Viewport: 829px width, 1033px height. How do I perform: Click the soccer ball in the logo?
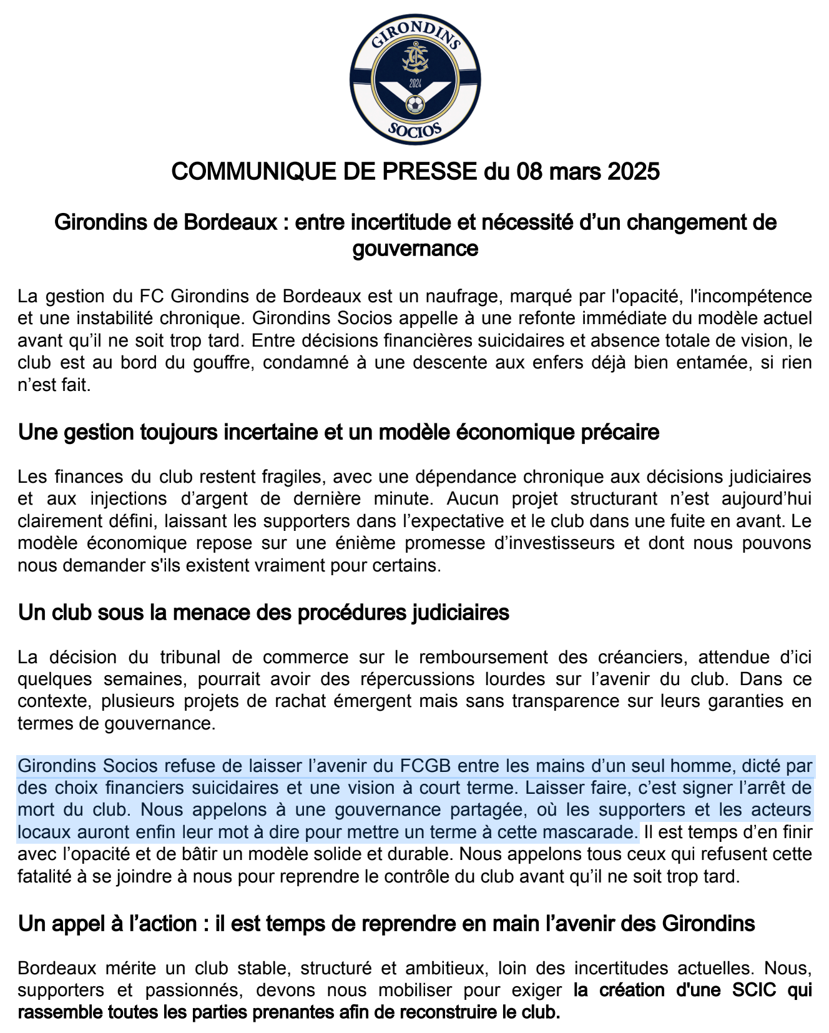[x=414, y=104]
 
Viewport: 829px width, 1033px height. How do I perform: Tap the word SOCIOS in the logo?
[x=415, y=129]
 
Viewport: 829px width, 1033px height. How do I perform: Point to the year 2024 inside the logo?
[x=414, y=83]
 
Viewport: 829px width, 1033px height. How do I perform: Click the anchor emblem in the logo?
[x=414, y=59]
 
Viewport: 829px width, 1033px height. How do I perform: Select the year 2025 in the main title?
[x=631, y=171]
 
